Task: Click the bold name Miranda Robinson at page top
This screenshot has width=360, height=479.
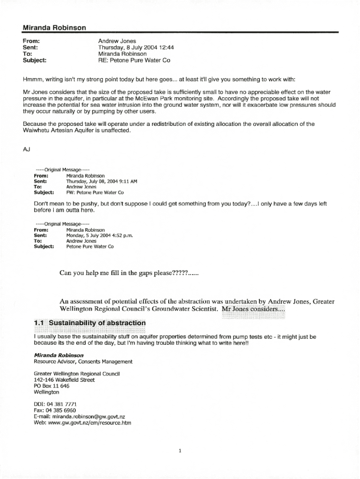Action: tap(54, 28)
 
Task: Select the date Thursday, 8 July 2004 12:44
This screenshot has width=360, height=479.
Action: tap(136, 47)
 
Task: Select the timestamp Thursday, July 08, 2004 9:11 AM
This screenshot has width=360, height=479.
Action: tap(101, 181)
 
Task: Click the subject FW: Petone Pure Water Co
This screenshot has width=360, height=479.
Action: tap(95, 192)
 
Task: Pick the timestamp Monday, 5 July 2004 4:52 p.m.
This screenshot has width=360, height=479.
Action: tap(100, 235)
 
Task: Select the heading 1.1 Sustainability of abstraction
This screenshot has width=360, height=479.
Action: tap(90, 323)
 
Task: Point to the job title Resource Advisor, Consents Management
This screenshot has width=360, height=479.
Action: tap(83, 362)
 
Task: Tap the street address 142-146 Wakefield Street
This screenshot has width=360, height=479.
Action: tap(64, 380)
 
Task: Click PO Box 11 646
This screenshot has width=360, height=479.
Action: tap(51, 386)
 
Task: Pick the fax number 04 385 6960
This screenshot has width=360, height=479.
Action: tap(61, 410)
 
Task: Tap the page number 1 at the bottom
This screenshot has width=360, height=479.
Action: tap(180, 451)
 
